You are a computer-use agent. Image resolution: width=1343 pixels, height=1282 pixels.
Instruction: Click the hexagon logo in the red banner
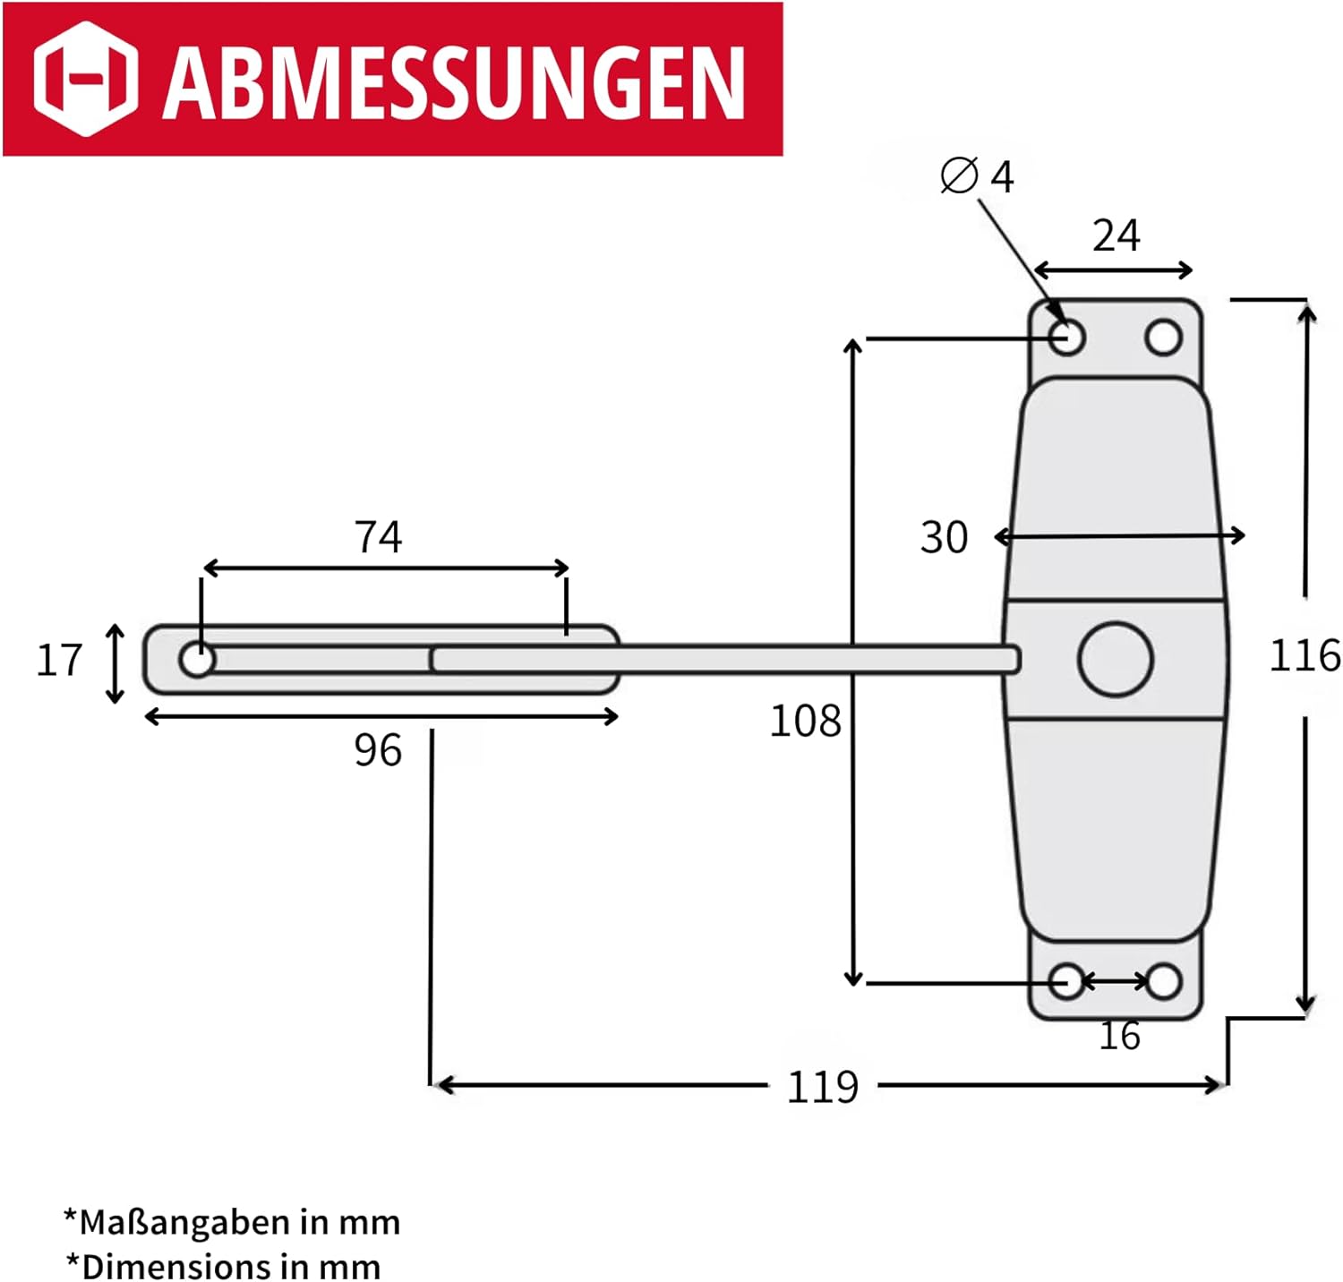point(85,78)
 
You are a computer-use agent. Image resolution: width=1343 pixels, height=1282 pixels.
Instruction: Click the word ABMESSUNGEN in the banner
point(453,81)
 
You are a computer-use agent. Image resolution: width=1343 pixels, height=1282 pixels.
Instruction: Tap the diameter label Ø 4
point(977,175)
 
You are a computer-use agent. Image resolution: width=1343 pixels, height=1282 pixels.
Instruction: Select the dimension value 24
point(1116,235)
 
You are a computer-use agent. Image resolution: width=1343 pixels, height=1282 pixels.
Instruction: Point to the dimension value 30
point(945,537)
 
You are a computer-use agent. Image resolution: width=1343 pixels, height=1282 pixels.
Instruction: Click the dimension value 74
point(378,536)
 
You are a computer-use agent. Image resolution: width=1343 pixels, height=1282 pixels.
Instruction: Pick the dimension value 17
point(59,660)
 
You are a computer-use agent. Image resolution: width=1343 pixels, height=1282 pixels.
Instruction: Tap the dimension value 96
point(378,750)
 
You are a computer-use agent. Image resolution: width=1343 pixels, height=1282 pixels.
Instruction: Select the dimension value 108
point(806,721)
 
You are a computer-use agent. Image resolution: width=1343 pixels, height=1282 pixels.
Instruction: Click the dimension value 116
point(1305,655)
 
